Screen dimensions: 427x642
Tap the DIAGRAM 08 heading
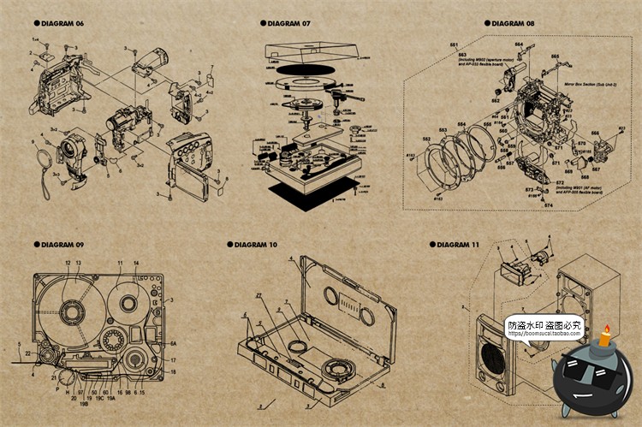(x=513, y=23)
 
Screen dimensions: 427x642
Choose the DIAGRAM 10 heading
(x=255, y=245)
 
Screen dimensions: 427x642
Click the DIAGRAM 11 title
(x=457, y=245)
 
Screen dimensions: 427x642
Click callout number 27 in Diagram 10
(x=259, y=295)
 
